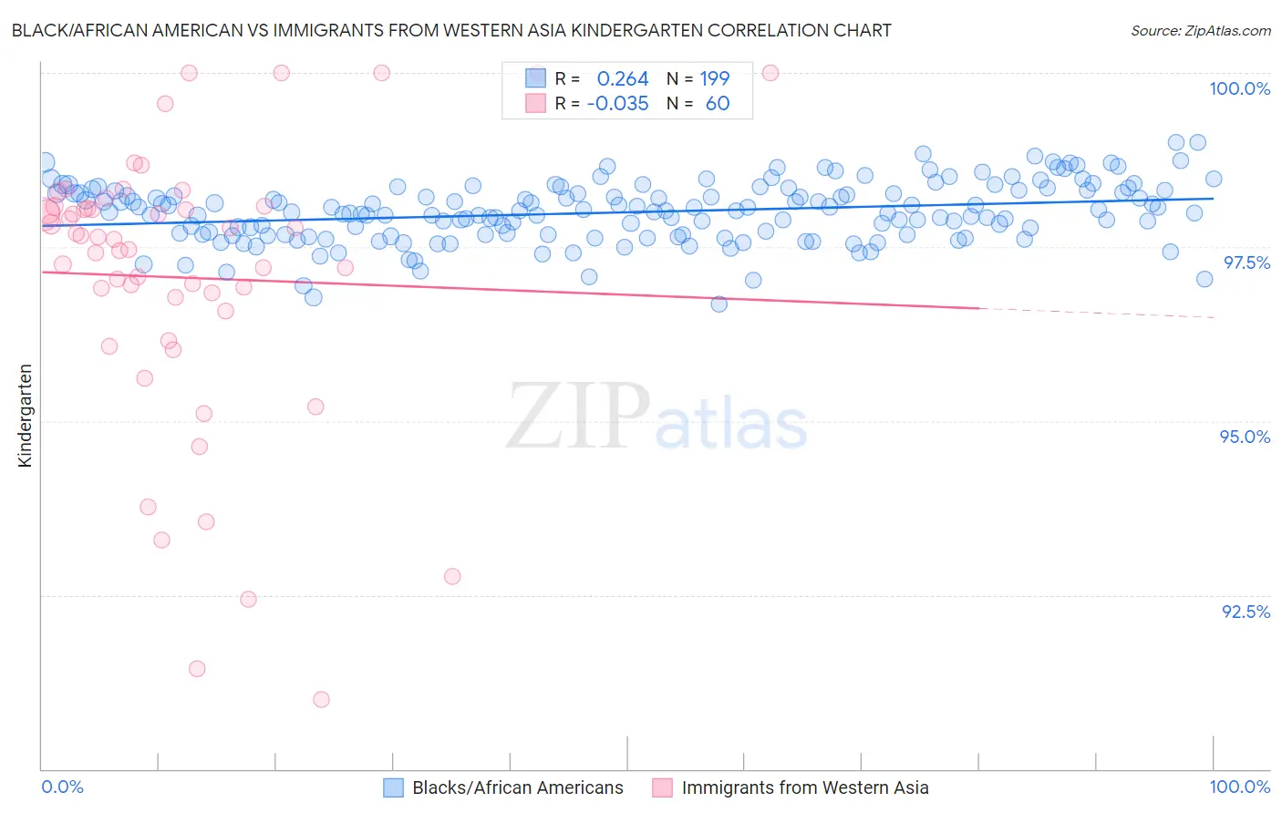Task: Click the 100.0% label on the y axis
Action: click(1239, 88)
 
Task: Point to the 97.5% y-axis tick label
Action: click(1246, 262)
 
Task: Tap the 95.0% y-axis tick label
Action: click(1245, 437)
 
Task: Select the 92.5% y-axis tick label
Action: click(1246, 612)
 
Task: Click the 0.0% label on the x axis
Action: click(62, 787)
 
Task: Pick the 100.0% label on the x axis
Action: click(1239, 787)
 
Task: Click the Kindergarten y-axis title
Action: click(25, 416)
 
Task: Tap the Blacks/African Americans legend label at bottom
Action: click(517, 787)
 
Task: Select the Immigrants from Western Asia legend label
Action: click(804, 787)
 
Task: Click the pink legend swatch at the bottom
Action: click(662, 787)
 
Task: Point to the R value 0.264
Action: click(622, 79)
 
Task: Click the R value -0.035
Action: click(617, 104)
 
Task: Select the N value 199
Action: click(715, 79)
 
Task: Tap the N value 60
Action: click(718, 104)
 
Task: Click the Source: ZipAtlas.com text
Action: click(1200, 31)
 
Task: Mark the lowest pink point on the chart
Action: click(321, 699)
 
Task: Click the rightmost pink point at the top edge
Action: click(770, 73)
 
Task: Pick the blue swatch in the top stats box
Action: click(535, 79)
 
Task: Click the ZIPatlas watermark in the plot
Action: click(657, 417)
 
